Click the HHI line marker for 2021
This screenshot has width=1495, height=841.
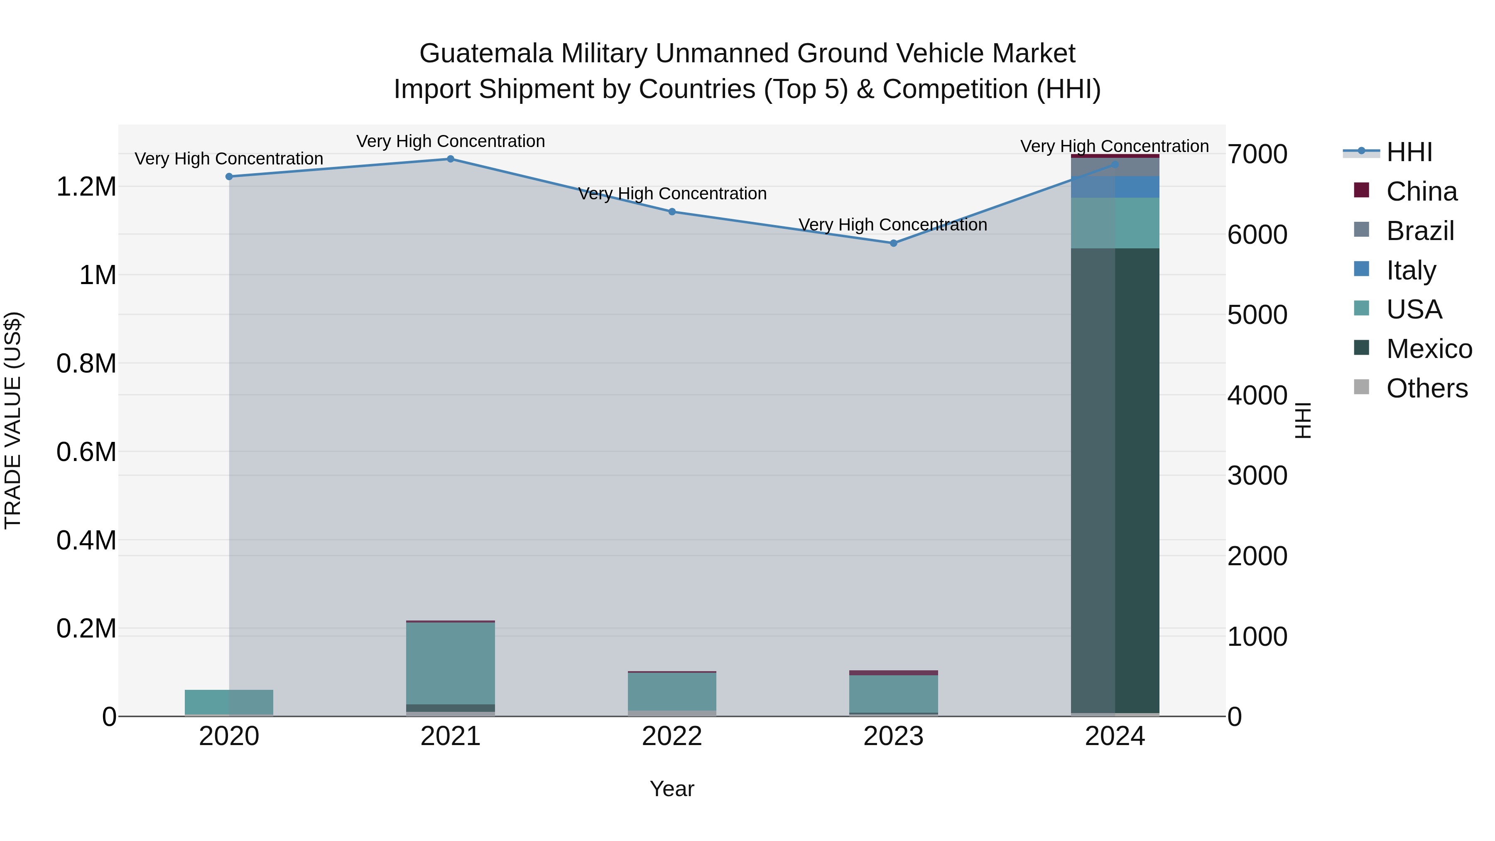[450, 159]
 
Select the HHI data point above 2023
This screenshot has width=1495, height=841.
[893, 243]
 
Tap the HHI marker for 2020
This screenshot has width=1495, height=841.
[229, 177]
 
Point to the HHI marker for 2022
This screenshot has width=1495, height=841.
[672, 212]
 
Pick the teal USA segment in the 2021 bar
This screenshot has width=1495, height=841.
[450, 662]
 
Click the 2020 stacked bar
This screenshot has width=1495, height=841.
[229, 702]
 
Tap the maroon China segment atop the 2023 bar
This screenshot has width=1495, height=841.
[893, 673]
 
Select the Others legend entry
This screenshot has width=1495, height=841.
[1426, 388]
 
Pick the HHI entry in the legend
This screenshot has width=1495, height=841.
[1409, 152]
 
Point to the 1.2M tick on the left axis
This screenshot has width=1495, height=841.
[86, 187]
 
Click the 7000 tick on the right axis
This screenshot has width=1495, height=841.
[1257, 154]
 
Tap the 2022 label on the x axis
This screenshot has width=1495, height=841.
[672, 736]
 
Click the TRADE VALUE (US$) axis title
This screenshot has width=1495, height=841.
[13, 420]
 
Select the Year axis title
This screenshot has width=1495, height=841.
[672, 789]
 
